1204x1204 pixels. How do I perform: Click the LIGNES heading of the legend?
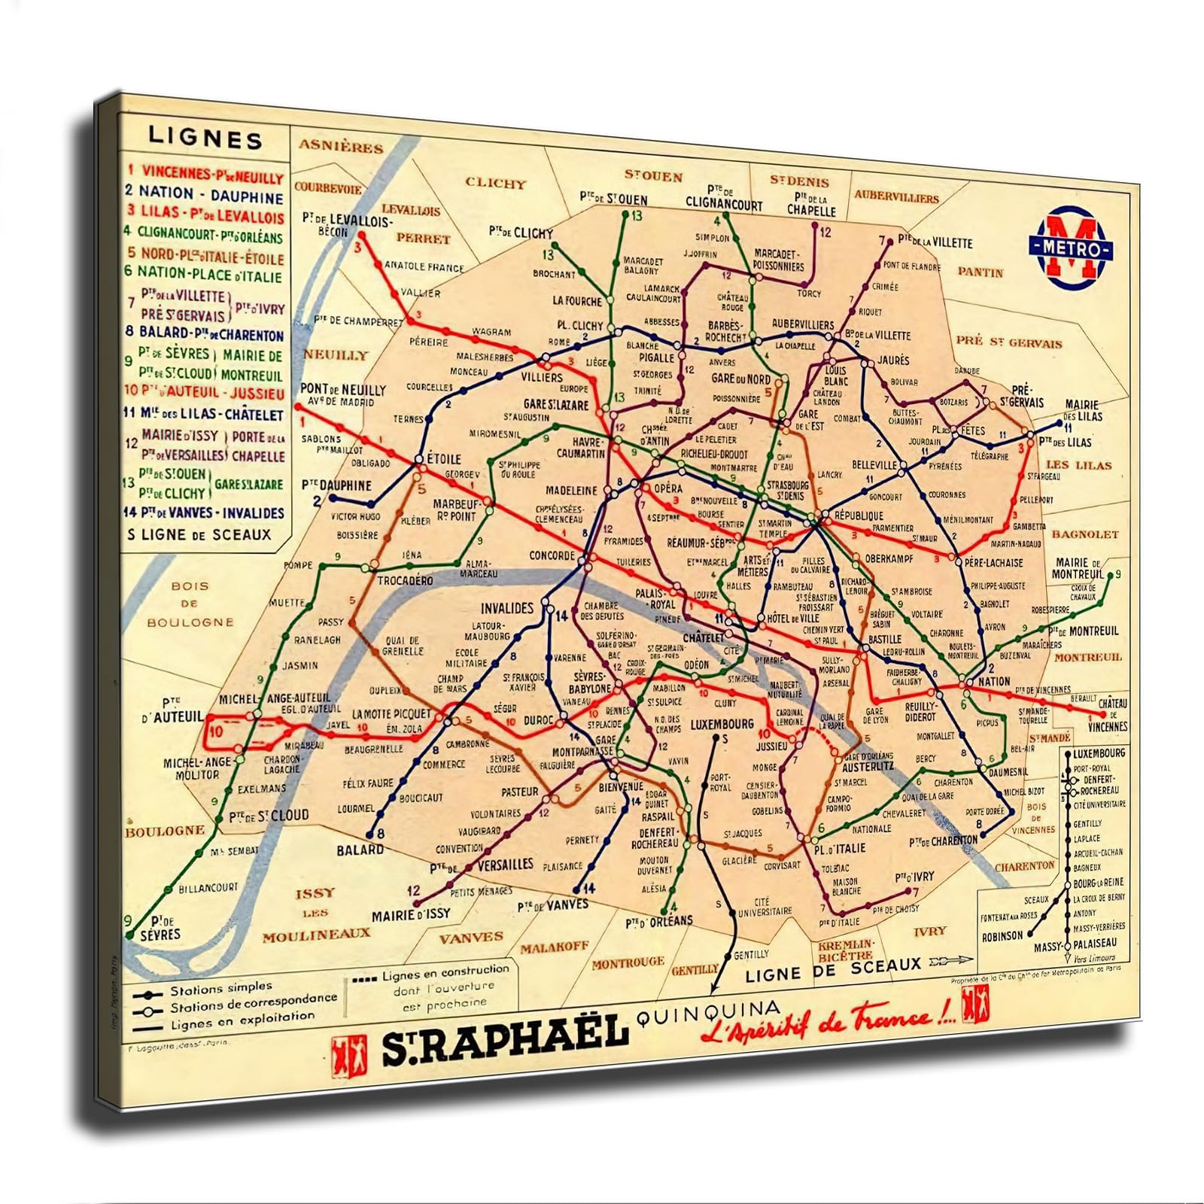point(205,139)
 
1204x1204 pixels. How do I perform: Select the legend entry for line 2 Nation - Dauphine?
point(205,196)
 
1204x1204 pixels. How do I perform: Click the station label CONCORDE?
point(552,556)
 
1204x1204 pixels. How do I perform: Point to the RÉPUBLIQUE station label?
point(858,516)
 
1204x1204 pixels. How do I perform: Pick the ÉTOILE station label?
point(443,458)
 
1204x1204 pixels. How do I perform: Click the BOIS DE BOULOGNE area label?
point(190,604)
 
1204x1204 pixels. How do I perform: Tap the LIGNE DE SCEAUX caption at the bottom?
point(833,969)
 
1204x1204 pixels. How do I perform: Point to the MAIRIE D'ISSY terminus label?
point(411,914)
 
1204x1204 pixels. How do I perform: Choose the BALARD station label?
point(360,850)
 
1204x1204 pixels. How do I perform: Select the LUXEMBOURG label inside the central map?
point(721,724)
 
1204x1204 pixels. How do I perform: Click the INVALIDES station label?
point(506,608)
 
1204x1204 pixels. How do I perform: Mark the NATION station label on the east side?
point(994,681)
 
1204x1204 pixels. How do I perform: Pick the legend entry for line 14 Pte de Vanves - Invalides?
point(205,513)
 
